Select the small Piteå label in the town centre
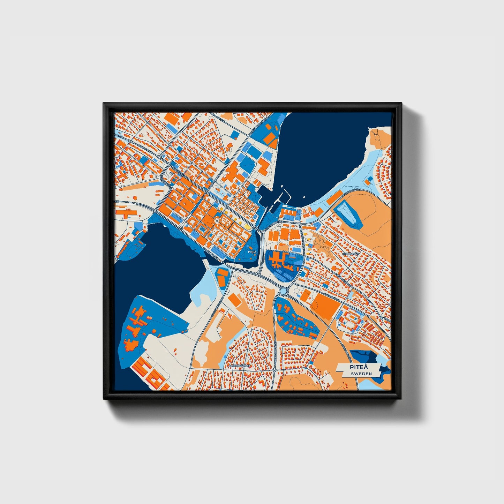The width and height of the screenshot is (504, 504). (251, 251)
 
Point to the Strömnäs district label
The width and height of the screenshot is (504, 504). (351, 254)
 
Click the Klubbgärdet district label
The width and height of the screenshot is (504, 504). (240, 366)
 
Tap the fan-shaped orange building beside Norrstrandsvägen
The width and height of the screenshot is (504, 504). (271, 138)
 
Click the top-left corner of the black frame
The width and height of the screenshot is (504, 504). (104, 104)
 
